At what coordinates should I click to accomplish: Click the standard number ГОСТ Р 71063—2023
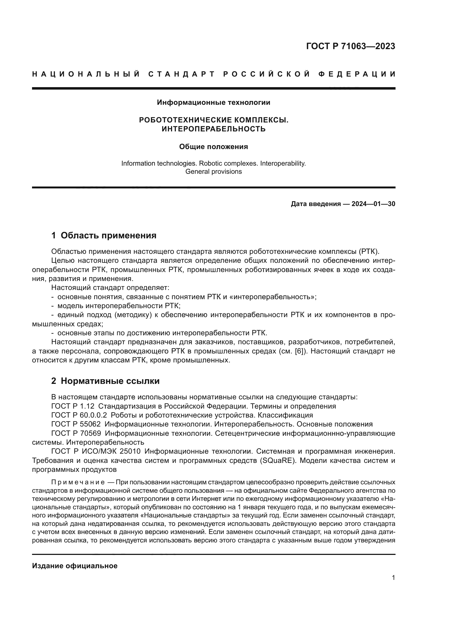(350, 46)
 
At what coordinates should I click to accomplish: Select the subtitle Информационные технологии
(213, 103)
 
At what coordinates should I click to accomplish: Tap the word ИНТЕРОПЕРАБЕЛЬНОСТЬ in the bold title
(213, 129)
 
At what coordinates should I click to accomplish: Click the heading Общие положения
(213, 147)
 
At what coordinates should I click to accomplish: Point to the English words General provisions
(213, 172)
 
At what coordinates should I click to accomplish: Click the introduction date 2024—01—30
(373, 204)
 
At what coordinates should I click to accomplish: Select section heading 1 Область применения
(104, 236)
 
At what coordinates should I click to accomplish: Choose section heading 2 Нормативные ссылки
(105, 381)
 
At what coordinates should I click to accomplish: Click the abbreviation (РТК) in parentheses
(369, 251)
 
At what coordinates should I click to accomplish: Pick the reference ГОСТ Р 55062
(76, 424)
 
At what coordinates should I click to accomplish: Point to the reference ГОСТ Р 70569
(76, 433)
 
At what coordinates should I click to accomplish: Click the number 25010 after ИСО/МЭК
(130, 451)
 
